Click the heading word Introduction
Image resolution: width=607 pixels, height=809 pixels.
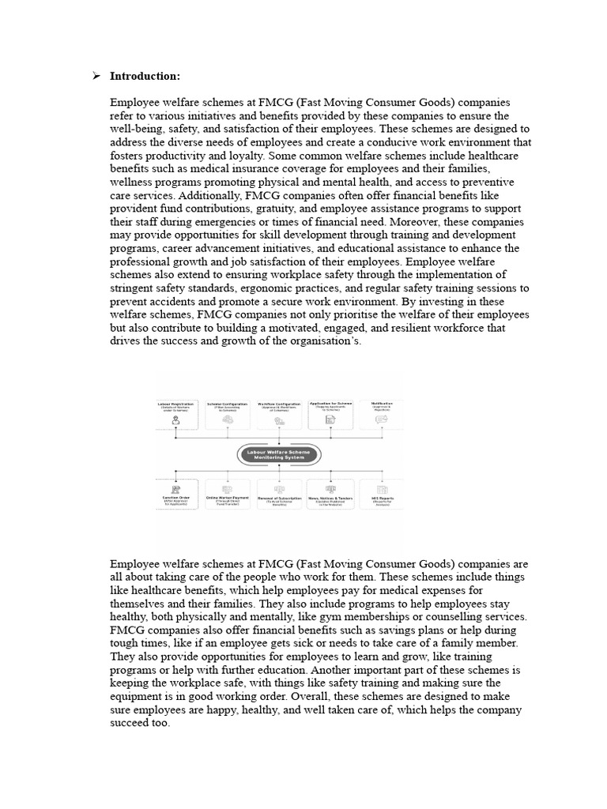[x=145, y=76]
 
